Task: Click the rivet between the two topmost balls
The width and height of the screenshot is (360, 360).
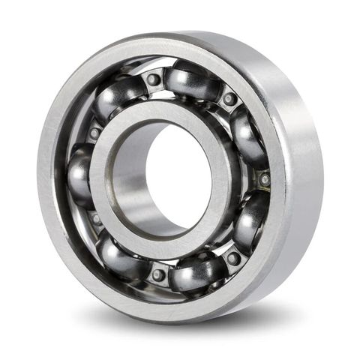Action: click(x=153, y=79)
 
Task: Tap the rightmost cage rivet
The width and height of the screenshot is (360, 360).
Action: click(x=264, y=179)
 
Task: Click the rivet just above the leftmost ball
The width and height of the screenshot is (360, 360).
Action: click(x=94, y=133)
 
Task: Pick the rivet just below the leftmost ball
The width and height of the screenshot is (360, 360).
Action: click(x=95, y=219)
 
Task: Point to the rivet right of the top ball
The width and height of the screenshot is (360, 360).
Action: click(x=229, y=98)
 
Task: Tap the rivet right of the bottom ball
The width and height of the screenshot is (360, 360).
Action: click(x=233, y=258)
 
